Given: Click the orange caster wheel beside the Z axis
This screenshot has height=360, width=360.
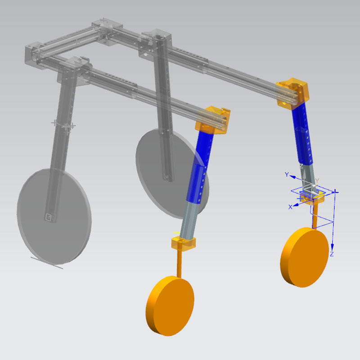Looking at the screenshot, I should point(304,257).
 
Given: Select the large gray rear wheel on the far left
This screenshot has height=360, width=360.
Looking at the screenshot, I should point(54,216).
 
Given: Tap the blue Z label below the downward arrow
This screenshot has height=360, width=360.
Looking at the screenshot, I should point(332,255).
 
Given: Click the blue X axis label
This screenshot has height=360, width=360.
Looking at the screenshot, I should point(290,207).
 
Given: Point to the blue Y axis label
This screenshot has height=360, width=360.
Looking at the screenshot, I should point(286,174).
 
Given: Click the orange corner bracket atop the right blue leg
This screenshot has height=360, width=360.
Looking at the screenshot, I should point(293,93).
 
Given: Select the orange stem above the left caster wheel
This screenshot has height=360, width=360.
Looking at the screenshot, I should point(179,263).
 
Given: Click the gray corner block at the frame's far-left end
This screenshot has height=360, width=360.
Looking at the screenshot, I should point(34,52).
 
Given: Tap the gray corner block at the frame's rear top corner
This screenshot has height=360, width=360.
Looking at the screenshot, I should point(104,30).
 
